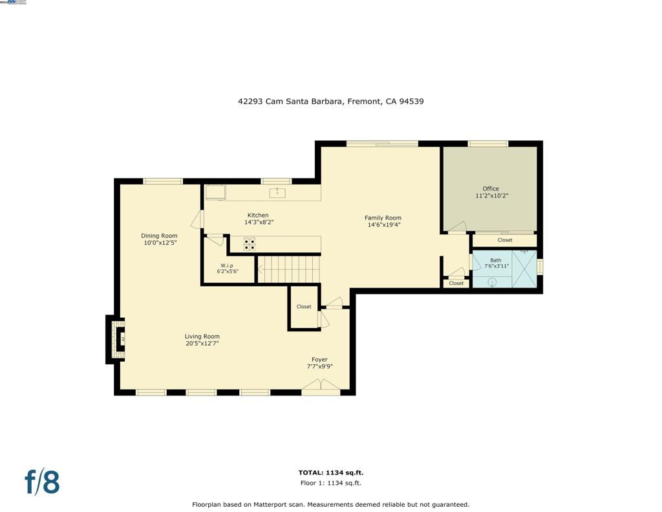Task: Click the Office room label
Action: (x=491, y=189)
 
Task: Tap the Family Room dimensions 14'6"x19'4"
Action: (x=383, y=225)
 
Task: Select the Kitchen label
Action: (x=258, y=216)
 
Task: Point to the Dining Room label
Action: (x=159, y=236)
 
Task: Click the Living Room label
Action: (x=202, y=337)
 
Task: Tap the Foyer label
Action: (x=319, y=360)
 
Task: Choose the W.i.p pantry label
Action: (x=227, y=265)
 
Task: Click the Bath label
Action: (x=495, y=260)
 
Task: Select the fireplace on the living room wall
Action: (x=117, y=339)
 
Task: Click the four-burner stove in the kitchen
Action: (x=249, y=244)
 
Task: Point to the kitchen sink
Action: (x=277, y=192)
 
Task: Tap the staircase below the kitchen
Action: (x=288, y=269)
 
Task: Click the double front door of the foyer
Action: (x=321, y=388)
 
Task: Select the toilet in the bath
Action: (x=492, y=282)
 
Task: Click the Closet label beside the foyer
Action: (x=304, y=307)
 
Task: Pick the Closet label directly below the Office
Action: (x=505, y=240)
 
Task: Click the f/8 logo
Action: (x=42, y=482)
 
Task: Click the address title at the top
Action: (x=330, y=102)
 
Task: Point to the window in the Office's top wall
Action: (x=488, y=144)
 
